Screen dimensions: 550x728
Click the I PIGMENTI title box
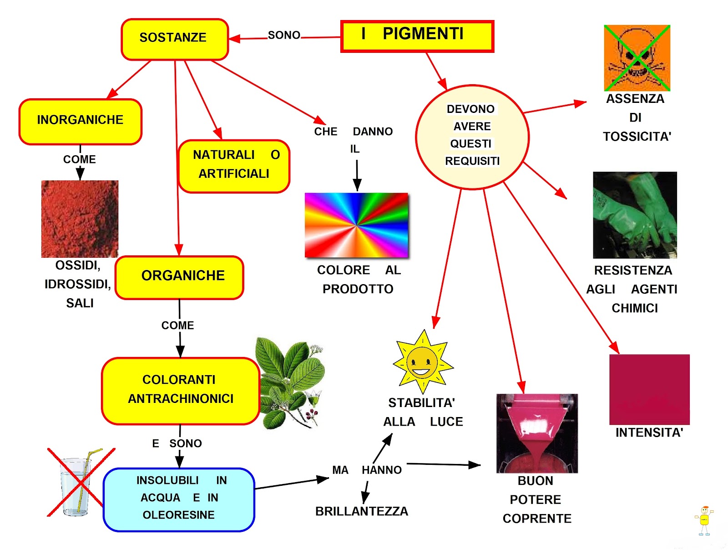417,36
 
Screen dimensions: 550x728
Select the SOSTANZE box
174,39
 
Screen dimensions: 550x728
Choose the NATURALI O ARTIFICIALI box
234,166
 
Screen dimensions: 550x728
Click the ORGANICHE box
180,277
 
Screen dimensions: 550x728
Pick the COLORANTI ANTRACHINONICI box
180,391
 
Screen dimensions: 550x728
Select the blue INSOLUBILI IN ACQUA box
179,499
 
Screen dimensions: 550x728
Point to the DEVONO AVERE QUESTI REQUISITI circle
472,137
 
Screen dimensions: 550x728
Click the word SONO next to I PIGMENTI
284,35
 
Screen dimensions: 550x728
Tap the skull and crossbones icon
637,58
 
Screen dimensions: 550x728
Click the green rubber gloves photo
635,215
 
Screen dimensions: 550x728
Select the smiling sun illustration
423,362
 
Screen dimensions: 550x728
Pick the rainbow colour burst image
357,225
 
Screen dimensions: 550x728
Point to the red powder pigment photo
80,219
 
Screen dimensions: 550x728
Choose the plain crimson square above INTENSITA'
649,389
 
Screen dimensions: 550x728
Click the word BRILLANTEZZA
362,511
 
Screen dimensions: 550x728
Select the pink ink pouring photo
537,433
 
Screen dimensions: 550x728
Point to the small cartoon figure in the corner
704,520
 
